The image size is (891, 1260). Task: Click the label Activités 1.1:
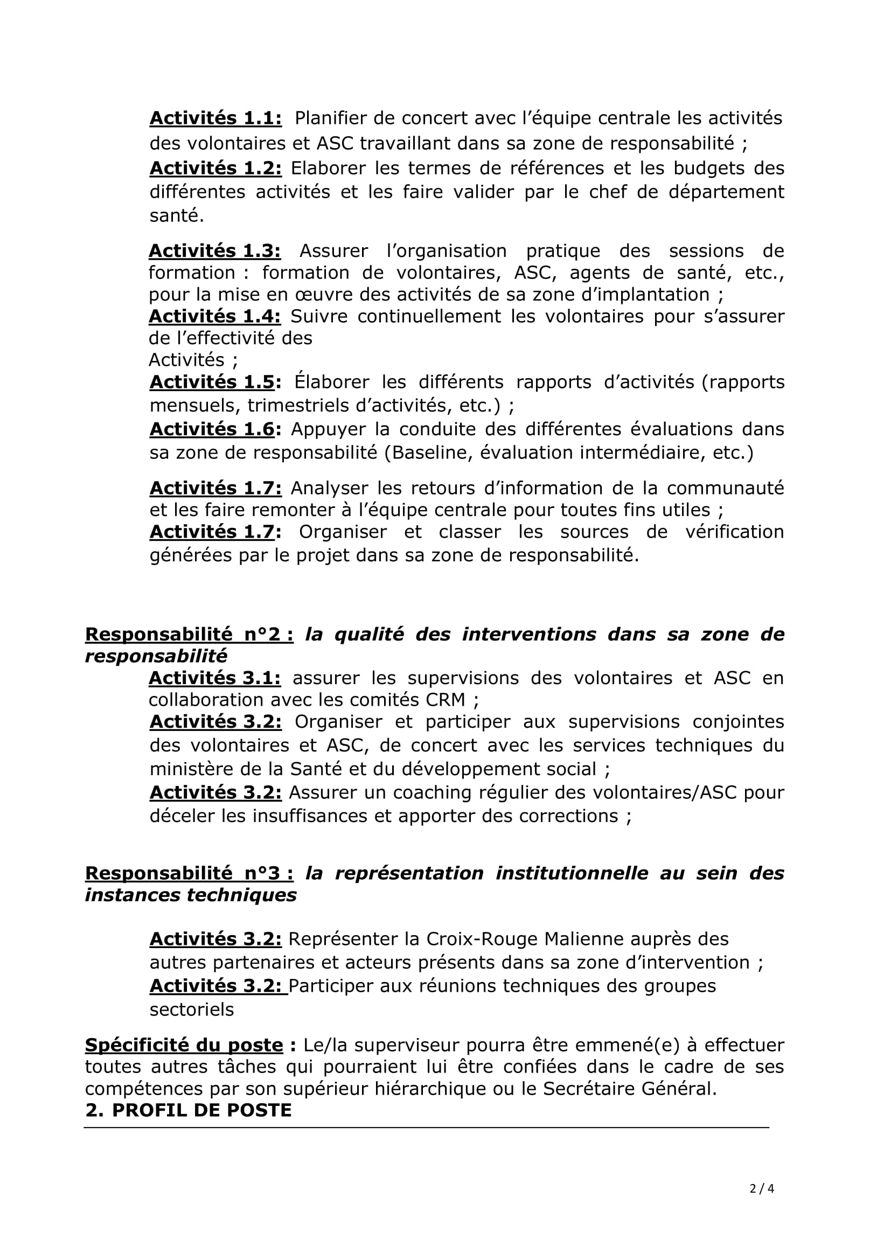coord(215,118)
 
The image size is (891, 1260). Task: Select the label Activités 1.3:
coord(214,251)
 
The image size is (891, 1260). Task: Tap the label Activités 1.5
coord(212,382)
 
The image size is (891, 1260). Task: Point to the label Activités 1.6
coord(212,429)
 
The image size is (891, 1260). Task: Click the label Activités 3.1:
coord(214,678)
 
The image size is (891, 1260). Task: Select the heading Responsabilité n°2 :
coord(189,635)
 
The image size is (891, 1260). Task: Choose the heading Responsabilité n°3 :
coord(189,873)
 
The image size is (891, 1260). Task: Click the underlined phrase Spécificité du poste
coord(184,1046)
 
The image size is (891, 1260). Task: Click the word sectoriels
coord(191,1010)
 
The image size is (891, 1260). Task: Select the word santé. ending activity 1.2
coord(177,215)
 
